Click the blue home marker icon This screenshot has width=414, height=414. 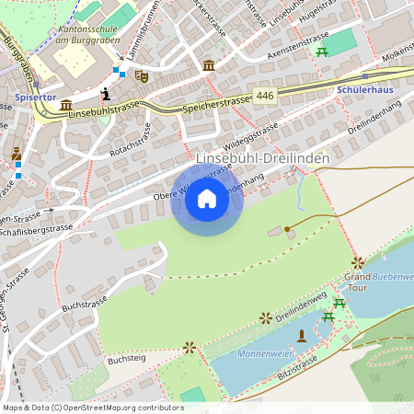coord(207,200)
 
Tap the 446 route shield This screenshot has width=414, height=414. coord(265,96)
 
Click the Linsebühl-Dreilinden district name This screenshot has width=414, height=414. coord(262,159)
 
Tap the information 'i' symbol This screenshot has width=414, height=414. coord(107,93)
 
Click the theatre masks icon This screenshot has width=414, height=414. coord(142,76)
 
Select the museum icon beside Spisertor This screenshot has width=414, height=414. coord(66,105)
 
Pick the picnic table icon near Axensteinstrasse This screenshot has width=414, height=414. coord(322,52)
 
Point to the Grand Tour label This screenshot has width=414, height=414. coord(357,282)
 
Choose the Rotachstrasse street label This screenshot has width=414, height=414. coord(130,135)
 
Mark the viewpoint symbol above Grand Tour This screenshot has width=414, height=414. coord(357,262)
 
